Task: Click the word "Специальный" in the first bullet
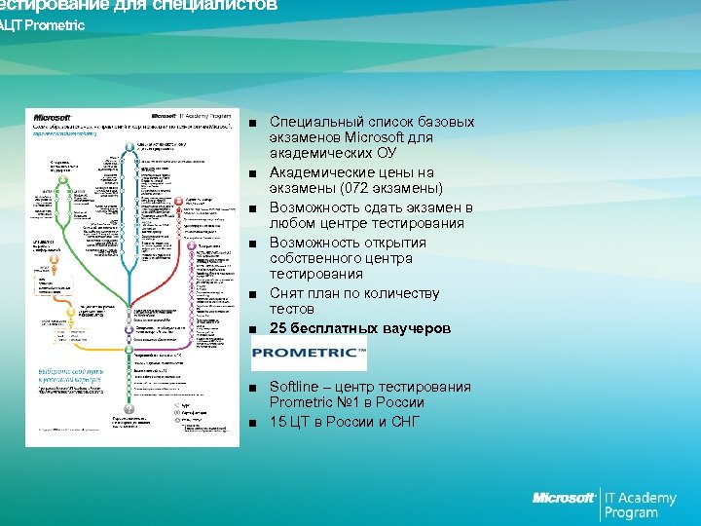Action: tap(314, 122)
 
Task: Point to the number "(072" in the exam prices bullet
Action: tap(368, 188)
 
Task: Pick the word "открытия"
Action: tap(387, 243)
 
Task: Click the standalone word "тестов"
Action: tap(292, 309)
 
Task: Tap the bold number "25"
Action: tap(278, 328)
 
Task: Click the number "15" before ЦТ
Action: tap(278, 422)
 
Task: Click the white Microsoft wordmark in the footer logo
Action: tap(564, 499)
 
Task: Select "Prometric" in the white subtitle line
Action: tap(54, 25)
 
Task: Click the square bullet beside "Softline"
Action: tap(253, 388)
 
